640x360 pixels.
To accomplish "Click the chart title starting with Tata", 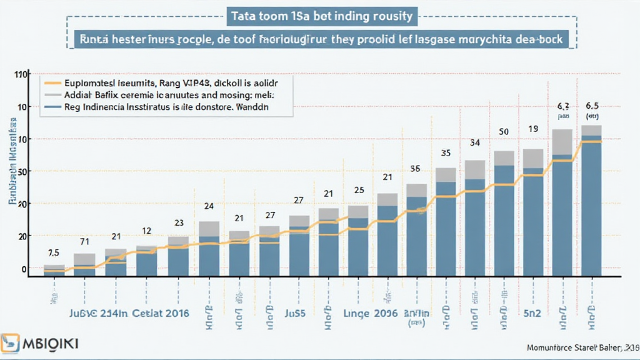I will [x=320, y=15].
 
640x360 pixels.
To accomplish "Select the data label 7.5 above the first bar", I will [x=53, y=253].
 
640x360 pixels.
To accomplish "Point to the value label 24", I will [x=209, y=206].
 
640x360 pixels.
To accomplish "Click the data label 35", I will [x=446, y=152].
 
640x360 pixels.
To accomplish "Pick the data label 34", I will [x=475, y=143].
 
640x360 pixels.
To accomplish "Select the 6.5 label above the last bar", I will [x=591, y=105].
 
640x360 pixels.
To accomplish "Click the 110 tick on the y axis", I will [x=21, y=74].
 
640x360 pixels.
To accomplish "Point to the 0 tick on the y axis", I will [x=24, y=269].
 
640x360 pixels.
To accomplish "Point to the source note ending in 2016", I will [x=581, y=347].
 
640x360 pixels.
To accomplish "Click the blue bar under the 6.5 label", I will [x=591, y=206].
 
